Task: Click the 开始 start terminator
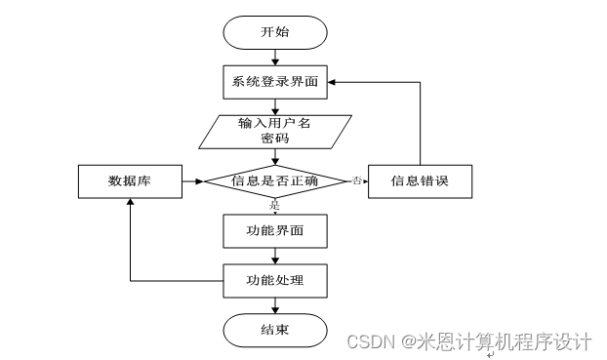tap(274, 31)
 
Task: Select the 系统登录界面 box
tap(274, 81)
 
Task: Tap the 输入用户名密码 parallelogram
tap(275, 132)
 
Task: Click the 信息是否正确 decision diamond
tap(274, 180)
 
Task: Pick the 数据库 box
tap(128, 180)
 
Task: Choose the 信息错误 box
tap(419, 180)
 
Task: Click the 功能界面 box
tap(274, 231)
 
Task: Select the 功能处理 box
tap(274, 281)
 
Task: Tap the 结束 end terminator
tap(274, 330)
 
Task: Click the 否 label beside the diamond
tap(356, 180)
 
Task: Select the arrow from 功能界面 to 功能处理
tap(274, 256)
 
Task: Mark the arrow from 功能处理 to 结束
tap(274, 305)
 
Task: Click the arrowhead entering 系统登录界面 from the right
tap(331, 81)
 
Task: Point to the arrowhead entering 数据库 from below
tap(128, 203)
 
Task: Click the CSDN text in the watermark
tap(368, 341)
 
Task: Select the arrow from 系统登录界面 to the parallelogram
tap(274, 106)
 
